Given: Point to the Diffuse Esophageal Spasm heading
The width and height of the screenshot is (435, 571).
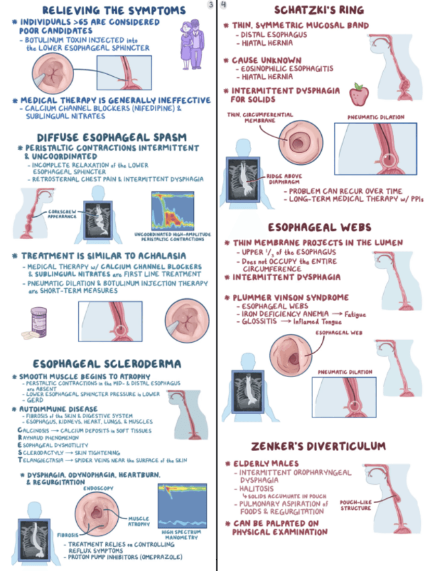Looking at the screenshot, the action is [111, 137].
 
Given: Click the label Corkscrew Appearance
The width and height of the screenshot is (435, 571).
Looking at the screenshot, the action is [59, 214].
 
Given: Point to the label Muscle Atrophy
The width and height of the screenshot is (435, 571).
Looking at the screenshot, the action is [139, 522].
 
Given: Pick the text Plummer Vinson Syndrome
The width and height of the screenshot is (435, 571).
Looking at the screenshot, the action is [291, 297].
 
